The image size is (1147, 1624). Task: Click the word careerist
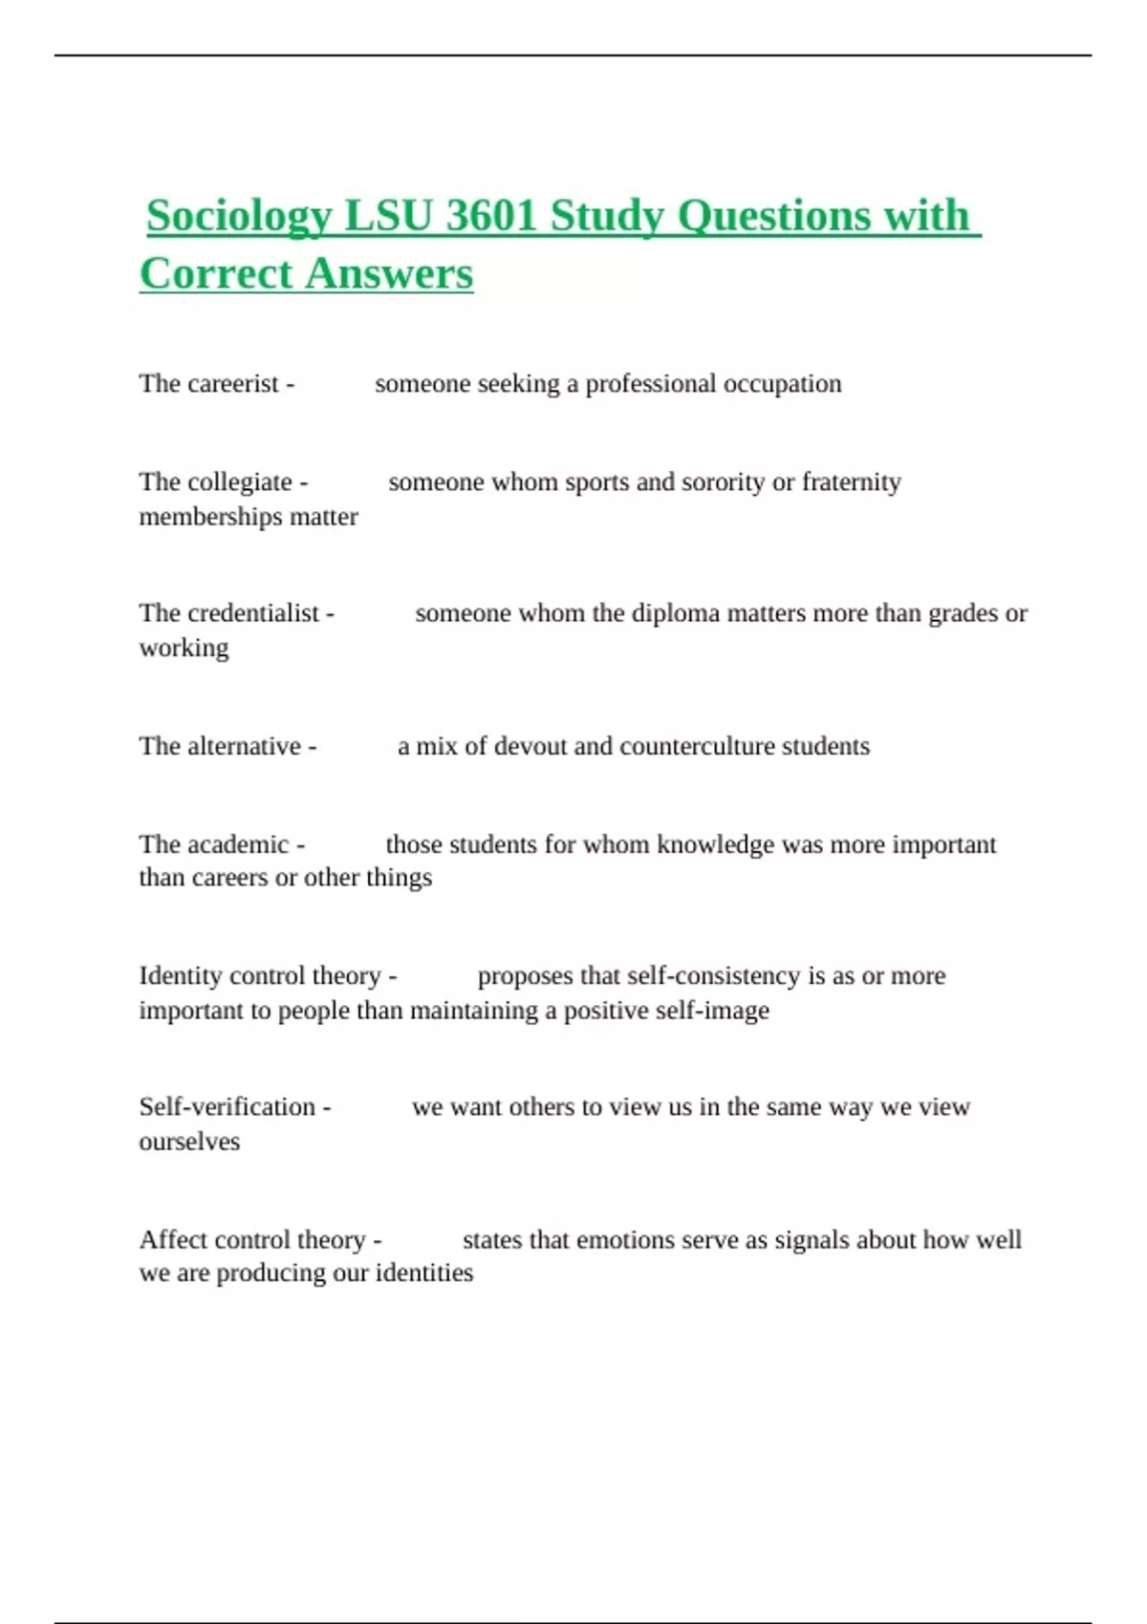[x=233, y=384]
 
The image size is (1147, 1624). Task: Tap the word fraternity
[x=851, y=482]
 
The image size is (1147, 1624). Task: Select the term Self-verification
[x=227, y=1107]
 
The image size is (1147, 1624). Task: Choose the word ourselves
[x=189, y=1143]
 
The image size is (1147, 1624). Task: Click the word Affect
[x=172, y=1240]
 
